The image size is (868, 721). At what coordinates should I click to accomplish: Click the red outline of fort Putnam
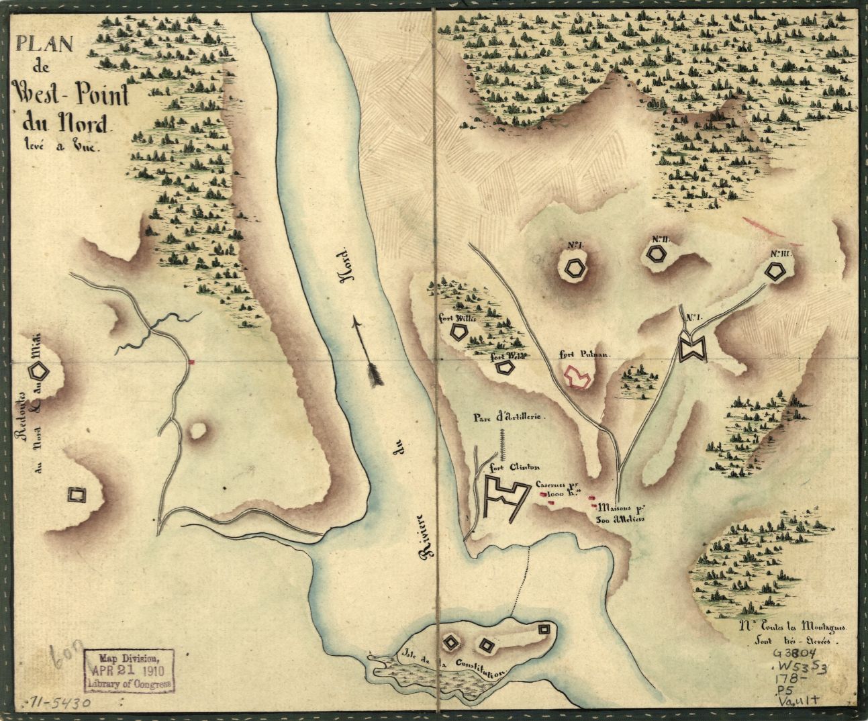pos(577,377)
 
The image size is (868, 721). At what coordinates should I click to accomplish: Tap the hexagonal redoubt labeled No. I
pos(575,269)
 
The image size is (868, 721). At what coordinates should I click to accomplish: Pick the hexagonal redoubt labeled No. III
pos(775,271)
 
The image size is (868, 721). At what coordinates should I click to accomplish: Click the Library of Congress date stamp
pos(129,669)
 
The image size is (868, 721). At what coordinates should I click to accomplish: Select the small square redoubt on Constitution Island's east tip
pos(544,629)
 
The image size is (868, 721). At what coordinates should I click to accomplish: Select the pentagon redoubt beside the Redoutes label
pos(39,370)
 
